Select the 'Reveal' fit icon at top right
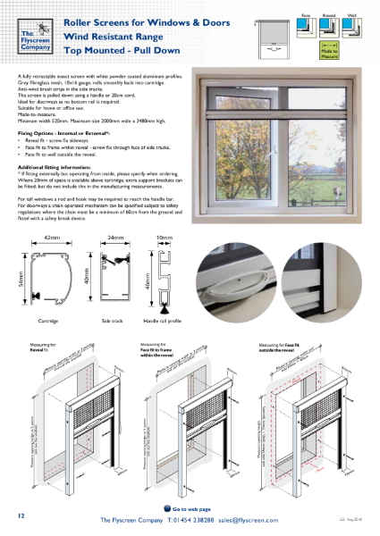328,25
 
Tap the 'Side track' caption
114,319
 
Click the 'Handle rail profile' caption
162,319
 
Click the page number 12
21,516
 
